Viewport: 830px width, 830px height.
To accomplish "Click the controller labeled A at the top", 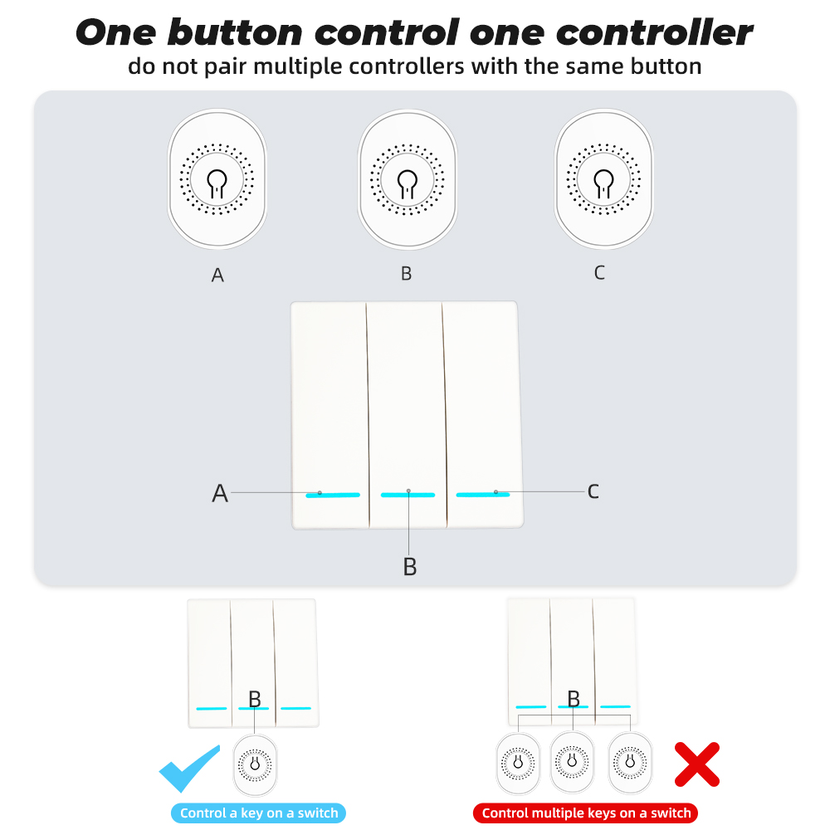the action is point(217,179).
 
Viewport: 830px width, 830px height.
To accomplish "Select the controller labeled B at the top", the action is point(407,179).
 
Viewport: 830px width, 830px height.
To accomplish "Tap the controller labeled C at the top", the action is point(603,178).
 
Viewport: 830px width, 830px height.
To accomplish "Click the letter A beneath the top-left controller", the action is point(217,276).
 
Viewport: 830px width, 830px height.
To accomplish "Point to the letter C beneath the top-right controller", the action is point(599,272).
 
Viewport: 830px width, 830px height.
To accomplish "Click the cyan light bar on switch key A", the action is point(333,496).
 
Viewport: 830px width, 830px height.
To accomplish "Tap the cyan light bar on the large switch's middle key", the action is point(408,495).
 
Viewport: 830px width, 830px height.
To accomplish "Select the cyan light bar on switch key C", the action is point(483,495).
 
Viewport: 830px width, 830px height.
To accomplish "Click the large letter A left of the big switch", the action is point(220,493).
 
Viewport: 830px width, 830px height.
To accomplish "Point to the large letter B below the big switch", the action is point(410,566).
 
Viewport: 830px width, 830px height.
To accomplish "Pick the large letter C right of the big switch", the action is point(593,491).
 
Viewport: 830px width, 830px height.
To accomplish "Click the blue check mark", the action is point(189,768).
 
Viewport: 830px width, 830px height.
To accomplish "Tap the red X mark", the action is point(697,764).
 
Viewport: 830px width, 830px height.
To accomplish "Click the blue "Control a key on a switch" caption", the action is point(258,813).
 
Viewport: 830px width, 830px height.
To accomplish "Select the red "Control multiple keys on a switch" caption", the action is point(586,813).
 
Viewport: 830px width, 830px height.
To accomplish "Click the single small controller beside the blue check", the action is point(255,765).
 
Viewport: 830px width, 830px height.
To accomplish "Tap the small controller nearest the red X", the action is point(630,763).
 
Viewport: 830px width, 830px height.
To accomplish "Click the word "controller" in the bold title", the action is point(654,33).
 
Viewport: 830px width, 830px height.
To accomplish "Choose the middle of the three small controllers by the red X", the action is point(572,762).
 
